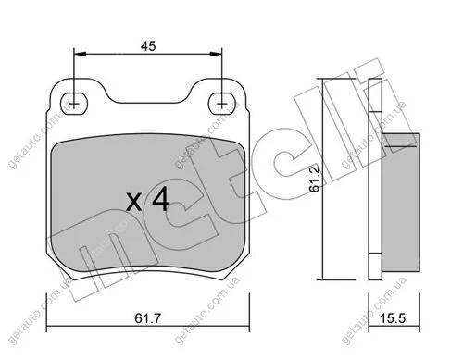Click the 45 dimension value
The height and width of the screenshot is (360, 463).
148,46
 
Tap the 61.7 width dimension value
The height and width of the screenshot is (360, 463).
148,318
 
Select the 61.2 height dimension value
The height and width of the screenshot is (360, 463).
315,179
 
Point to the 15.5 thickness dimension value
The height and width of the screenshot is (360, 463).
392,318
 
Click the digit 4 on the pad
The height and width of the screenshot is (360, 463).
161,199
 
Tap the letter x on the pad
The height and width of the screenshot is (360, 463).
134,203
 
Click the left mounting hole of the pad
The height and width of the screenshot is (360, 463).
74,104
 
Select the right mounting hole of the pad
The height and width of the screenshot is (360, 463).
221,104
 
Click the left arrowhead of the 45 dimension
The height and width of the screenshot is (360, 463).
81,54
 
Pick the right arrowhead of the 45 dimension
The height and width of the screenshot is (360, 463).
216,54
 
